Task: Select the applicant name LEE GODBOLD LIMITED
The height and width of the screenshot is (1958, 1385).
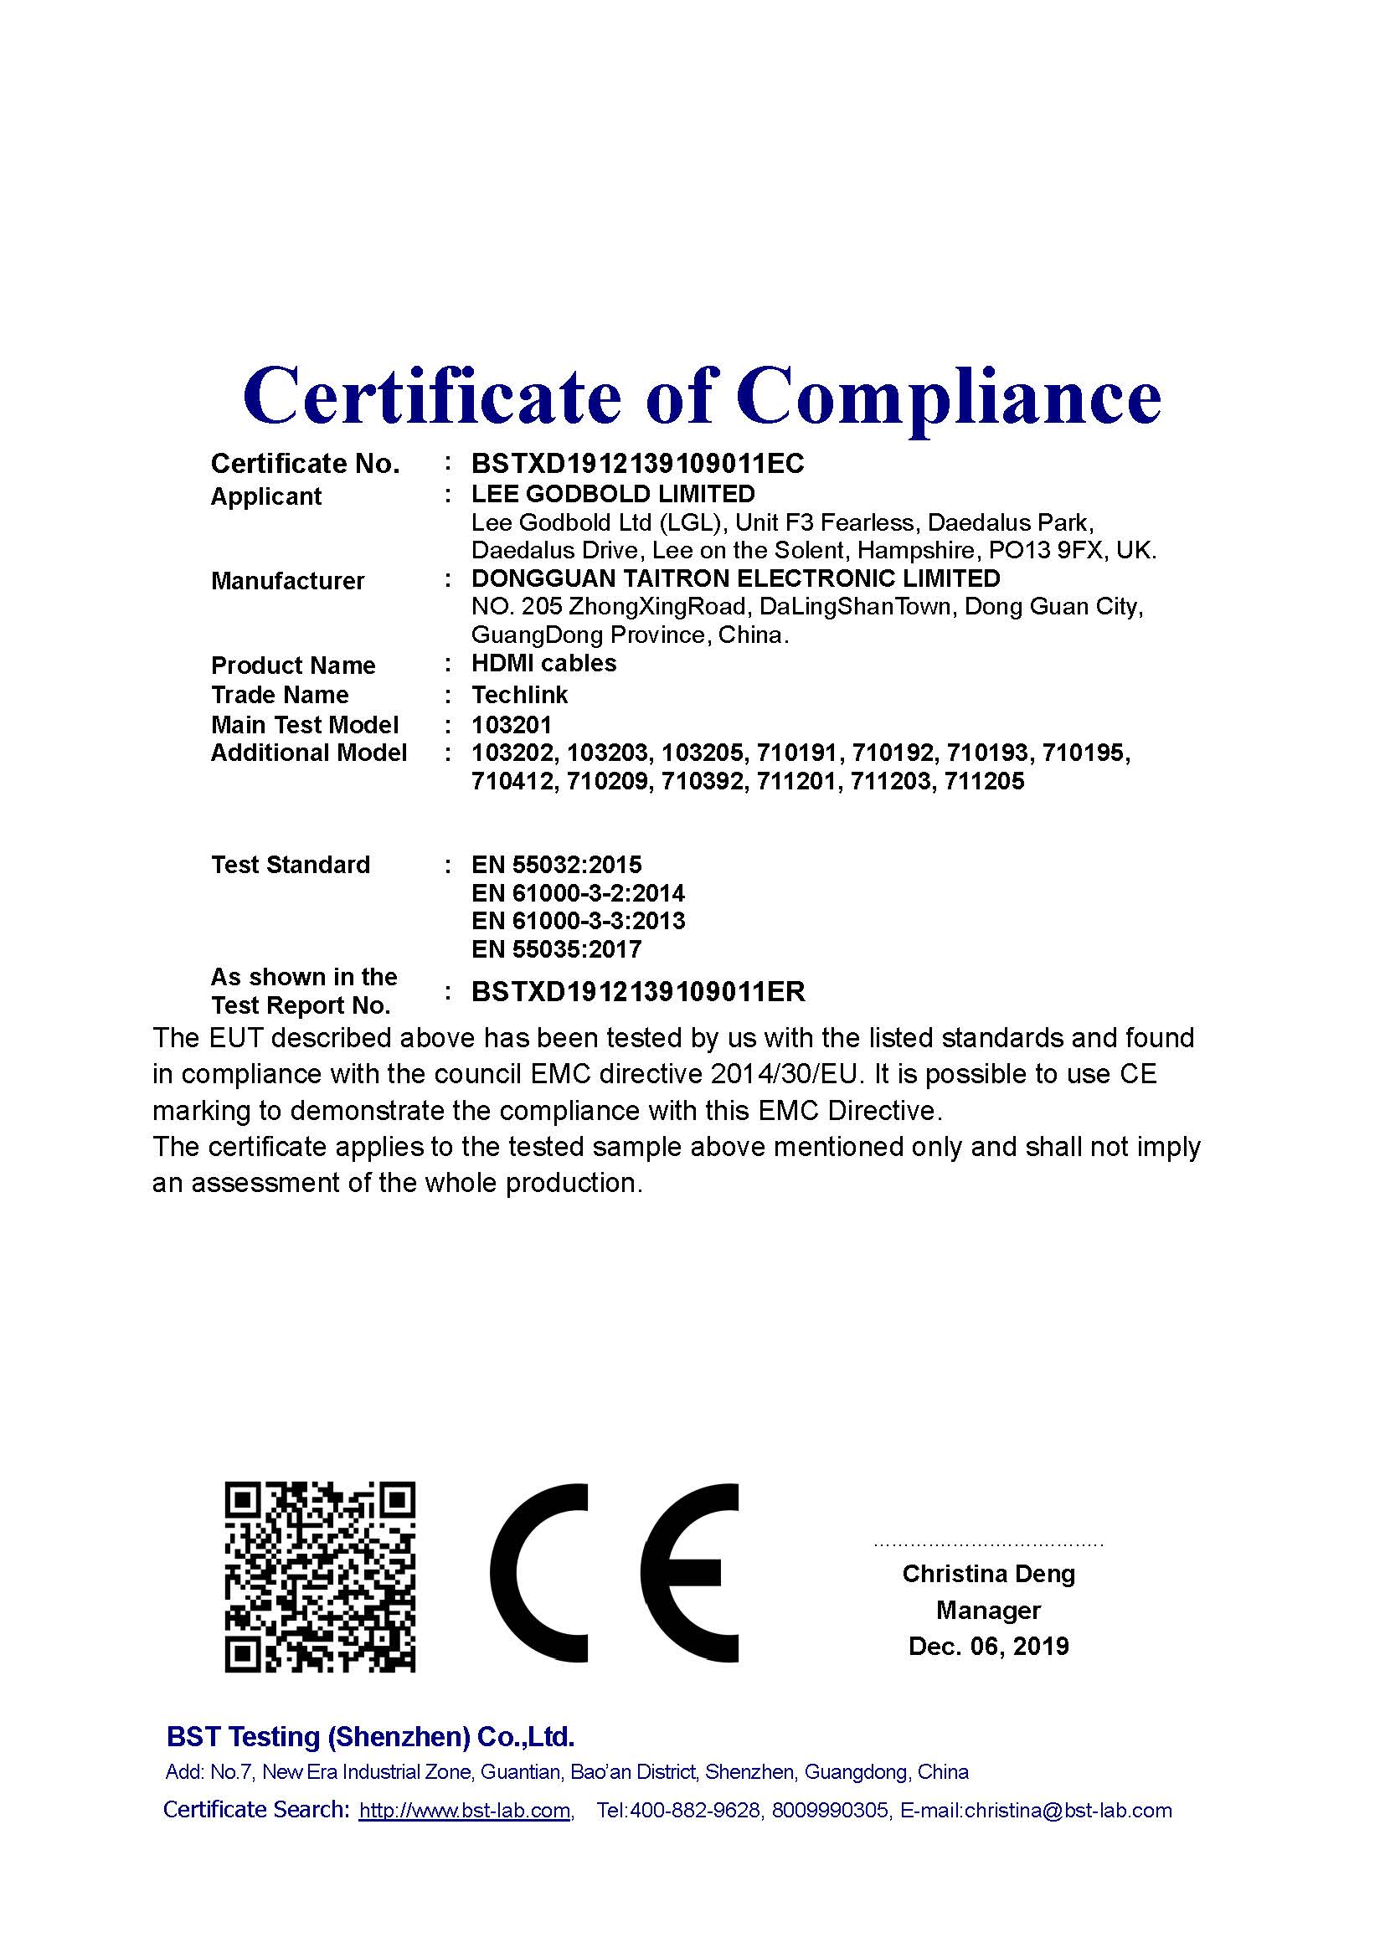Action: click(x=613, y=494)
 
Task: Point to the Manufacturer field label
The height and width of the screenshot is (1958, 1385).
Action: click(x=287, y=581)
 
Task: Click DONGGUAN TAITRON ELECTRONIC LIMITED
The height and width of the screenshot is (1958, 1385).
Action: click(x=735, y=578)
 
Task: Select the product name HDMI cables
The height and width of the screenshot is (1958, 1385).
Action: click(x=543, y=664)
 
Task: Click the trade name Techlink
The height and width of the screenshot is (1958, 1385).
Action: click(x=519, y=694)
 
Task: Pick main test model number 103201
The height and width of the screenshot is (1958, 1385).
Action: click(x=512, y=725)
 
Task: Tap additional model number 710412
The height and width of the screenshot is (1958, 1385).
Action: click(x=512, y=781)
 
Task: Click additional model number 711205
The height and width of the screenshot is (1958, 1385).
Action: click(x=984, y=781)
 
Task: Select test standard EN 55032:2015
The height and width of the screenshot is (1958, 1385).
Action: click(x=556, y=865)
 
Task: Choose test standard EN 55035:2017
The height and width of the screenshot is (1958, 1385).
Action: click(x=556, y=949)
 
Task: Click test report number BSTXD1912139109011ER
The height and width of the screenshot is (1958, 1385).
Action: click(x=638, y=992)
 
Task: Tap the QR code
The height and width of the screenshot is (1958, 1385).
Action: click(x=320, y=1577)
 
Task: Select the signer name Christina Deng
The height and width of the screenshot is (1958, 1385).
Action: click(x=988, y=1574)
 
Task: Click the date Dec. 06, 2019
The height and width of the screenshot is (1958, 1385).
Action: click(x=988, y=1646)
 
